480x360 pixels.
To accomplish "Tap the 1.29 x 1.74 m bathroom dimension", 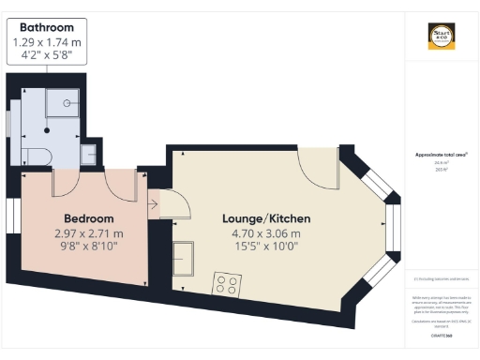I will pyautogui.click(x=46, y=42).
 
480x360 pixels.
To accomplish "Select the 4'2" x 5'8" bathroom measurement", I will pyautogui.click(x=46, y=55).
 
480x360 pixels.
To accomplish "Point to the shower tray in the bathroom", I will pyautogui.click(x=70, y=102).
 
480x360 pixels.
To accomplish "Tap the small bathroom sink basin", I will pyautogui.click(x=89, y=152).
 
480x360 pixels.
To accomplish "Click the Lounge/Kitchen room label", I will pyautogui.click(x=265, y=217).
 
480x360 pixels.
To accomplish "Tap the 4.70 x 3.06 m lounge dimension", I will pyautogui.click(x=265, y=233).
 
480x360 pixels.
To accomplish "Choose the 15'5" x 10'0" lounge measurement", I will pyautogui.click(x=265, y=247).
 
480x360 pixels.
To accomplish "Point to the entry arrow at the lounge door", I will pyautogui.click(x=152, y=202).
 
